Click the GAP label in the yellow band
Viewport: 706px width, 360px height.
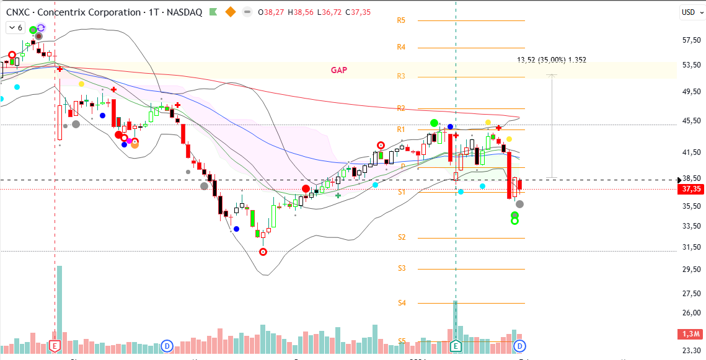coord(338,70)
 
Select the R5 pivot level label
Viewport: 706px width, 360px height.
coord(401,20)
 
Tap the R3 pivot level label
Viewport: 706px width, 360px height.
coord(401,76)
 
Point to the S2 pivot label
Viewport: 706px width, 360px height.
coord(402,237)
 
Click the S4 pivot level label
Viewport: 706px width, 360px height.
coord(402,303)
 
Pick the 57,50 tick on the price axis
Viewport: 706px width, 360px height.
coord(691,40)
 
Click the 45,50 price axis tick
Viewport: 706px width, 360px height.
coord(691,121)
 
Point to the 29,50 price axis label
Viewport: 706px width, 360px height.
coord(691,270)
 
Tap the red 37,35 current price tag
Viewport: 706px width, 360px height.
coord(691,189)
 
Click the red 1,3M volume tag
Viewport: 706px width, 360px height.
coord(691,335)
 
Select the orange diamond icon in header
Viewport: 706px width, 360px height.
coord(231,12)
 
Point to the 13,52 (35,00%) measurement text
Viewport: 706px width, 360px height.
coord(551,60)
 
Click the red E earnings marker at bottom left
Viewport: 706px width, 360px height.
coord(55,345)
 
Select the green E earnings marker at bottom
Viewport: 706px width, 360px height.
coord(456,345)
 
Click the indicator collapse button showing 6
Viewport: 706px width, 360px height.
coord(15,28)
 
